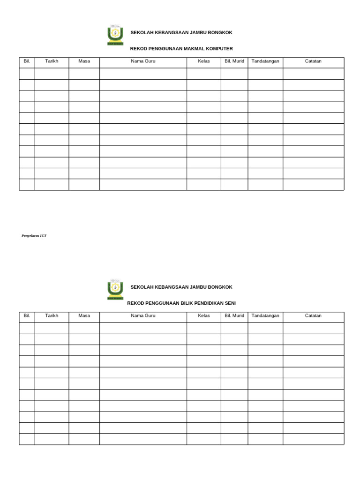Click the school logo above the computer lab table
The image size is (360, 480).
pyautogui.click(x=115, y=35)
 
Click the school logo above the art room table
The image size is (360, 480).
pyautogui.click(x=115, y=289)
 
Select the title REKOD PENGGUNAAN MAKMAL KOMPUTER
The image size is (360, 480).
pyautogui.click(x=181, y=49)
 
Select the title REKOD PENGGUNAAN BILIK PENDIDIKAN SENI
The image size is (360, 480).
pyautogui.click(x=181, y=303)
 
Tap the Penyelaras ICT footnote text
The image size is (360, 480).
pyautogui.click(x=34, y=236)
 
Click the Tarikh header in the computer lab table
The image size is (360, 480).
pyautogui.click(x=52, y=61)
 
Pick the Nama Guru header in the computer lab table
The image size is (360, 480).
pyautogui.click(x=143, y=61)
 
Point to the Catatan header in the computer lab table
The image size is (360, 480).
pyautogui.click(x=313, y=61)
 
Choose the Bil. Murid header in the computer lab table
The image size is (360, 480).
pyautogui.click(x=234, y=61)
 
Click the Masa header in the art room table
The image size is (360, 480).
pyautogui.click(x=84, y=316)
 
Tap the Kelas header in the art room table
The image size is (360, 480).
pyautogui.click(x=204, y=316)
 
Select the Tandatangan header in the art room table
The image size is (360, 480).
pyautogui.click(x=265, y=316)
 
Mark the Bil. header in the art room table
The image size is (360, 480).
pyautogui.click(x=27, y=316)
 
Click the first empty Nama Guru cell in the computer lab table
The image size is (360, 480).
pyautogui.click(x=143, y=74)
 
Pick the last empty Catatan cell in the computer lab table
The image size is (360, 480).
pyautogui.click(x=313, y=185)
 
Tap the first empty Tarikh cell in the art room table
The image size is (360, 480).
pyautogui.click(x=52, y=328)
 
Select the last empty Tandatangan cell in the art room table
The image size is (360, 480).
pyautogui.click(x=265, y=439)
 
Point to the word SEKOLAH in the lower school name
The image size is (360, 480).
pyautogui.click(x=142, y=287)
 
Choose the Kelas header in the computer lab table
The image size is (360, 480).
pyautogui.click(x=204, y=61)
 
